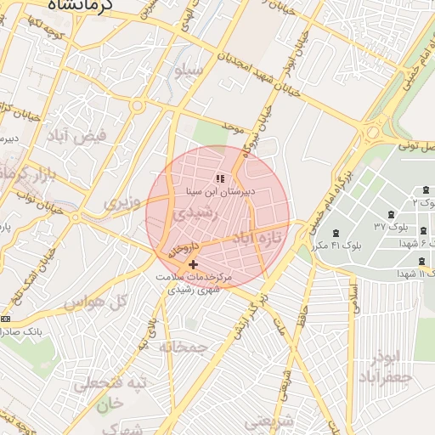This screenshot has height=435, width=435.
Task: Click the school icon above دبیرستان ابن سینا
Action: (219, 178)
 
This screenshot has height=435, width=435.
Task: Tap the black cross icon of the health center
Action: (193, 264)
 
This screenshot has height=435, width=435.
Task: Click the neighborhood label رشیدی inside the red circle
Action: (196, 216)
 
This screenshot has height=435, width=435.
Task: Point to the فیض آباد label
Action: (91, 135)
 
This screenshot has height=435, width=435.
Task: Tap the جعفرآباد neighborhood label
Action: (386, 376)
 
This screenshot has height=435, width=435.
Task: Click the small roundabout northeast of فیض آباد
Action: (137, 106)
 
